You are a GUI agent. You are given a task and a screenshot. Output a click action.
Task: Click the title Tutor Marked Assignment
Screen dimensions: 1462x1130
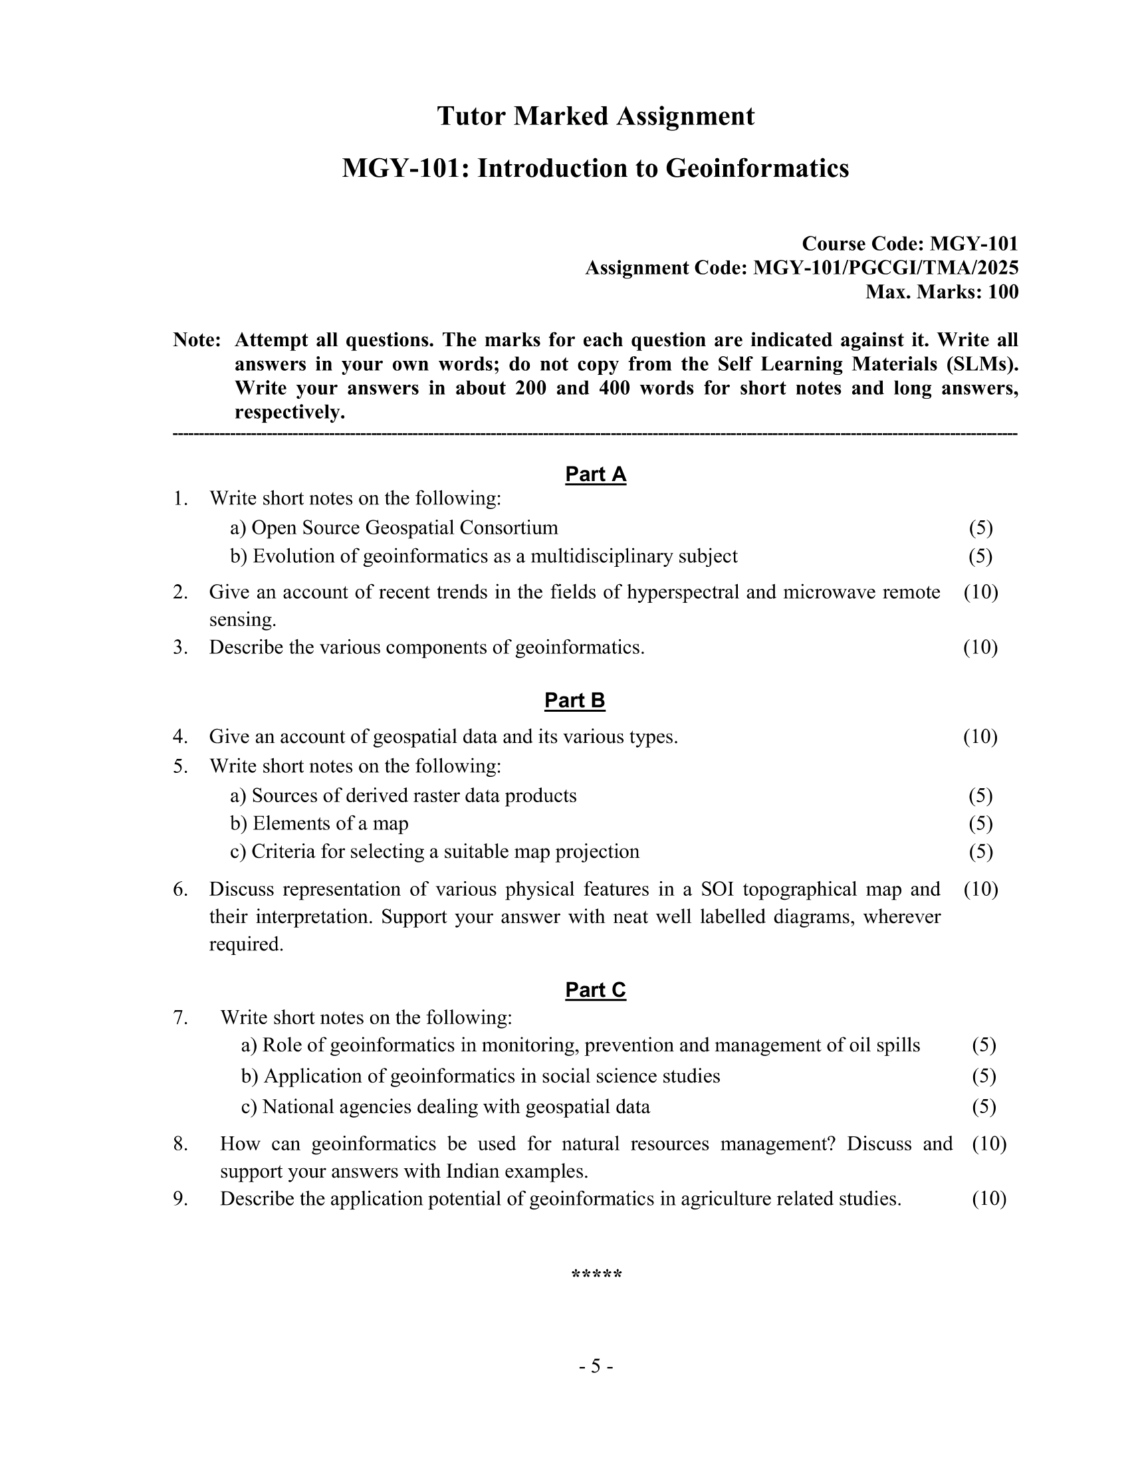[x=595, y=116]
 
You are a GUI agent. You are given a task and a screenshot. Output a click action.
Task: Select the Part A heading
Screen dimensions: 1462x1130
[x=595, y=474]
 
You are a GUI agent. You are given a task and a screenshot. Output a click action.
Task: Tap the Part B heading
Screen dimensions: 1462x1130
[x=574, y=700]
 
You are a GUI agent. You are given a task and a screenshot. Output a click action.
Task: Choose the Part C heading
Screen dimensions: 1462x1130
[x=595, y=990]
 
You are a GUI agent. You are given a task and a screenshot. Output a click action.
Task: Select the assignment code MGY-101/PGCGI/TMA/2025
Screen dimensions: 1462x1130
[x=885, y=268]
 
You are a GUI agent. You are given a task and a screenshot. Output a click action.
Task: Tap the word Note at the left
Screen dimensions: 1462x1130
[x=196, y=340]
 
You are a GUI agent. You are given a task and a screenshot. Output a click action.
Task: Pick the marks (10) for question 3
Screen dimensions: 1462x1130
[x=980, y=647]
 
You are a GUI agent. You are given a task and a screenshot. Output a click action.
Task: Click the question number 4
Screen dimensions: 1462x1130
[x=179, y=736]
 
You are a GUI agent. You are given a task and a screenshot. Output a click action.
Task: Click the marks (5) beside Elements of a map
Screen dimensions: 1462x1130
[x=980, y=823]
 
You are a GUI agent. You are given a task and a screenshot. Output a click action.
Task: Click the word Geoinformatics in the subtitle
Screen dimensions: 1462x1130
[x=756, y=168]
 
